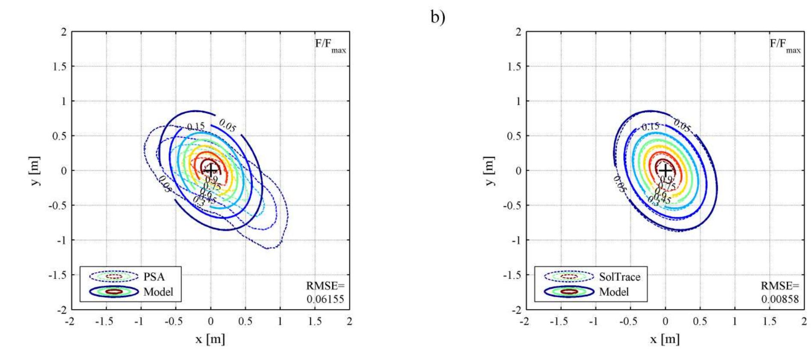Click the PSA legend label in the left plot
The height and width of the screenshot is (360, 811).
(x=154, y=277)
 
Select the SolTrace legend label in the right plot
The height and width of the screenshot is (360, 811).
(x=619, y=277)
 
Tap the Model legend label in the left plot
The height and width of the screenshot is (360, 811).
(x=158, y=292)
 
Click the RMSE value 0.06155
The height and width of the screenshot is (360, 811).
(x=325, y=299)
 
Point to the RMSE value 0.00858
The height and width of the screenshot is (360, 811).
(x=780, y=299)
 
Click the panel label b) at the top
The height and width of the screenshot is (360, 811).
(x=438, y=17)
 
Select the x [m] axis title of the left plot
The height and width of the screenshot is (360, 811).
(x=210, y=339)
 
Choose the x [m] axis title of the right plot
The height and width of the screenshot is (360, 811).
(x=665, y=339)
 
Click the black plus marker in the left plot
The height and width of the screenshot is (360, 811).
(x=210, y=170)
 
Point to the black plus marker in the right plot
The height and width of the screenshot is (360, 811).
(x=665, y=170)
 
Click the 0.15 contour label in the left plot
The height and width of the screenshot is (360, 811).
(x=196, y=127)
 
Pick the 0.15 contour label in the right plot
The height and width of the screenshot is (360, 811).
(x=651, y=127)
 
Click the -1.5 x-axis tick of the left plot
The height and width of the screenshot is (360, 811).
(x=106, y=322)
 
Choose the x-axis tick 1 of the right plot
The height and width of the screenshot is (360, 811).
(x=735, y=322)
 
